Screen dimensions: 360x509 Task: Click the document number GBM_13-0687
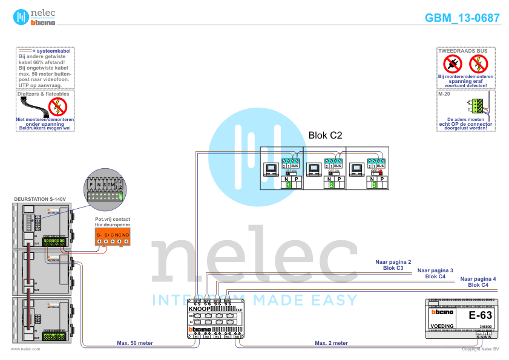462,18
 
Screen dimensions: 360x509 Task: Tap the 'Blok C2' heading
325,136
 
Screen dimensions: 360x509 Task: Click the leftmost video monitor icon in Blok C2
270,168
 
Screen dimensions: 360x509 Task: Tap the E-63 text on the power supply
481,315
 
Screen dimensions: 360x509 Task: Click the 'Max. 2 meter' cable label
331,343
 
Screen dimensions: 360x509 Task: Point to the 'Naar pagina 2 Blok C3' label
393,264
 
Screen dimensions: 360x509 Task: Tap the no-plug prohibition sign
452,63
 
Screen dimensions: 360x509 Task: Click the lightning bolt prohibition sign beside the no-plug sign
478,63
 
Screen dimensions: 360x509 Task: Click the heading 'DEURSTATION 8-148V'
39,199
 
